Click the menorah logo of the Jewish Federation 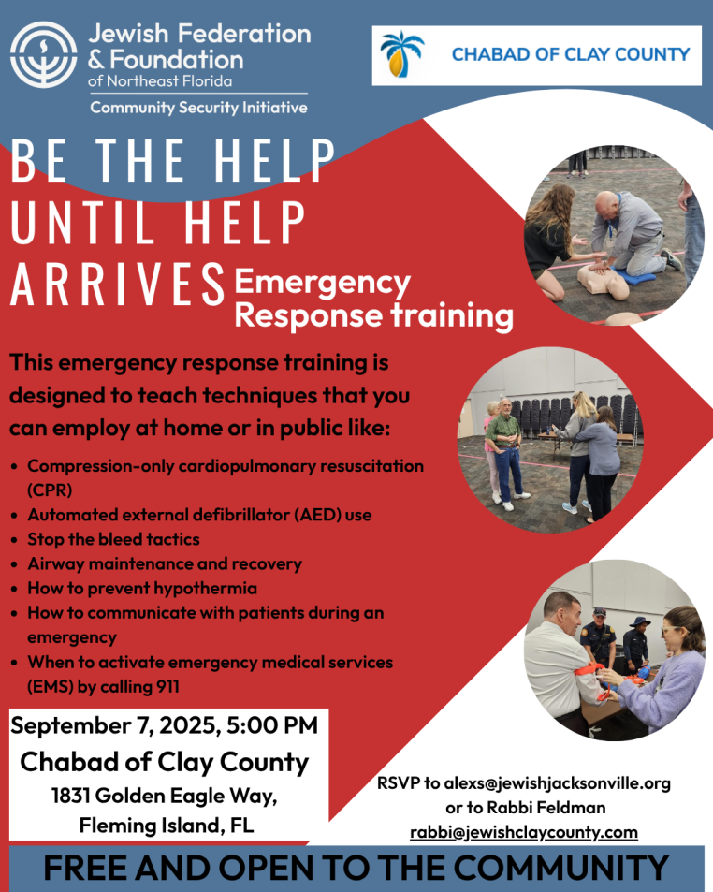tap(43, 54)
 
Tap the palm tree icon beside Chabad tap(402, 54)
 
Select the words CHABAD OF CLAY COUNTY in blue tap(570, 54)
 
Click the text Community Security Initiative tap(198, 108)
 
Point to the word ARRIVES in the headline tap(117, 283)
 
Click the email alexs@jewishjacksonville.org tap(558, 783)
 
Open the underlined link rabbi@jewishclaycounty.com tap(524, 832)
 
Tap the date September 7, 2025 tap(113, 726)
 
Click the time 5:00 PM tap(271, 725)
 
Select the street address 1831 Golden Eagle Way tap(164, 796)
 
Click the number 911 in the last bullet tap(167, 687)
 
